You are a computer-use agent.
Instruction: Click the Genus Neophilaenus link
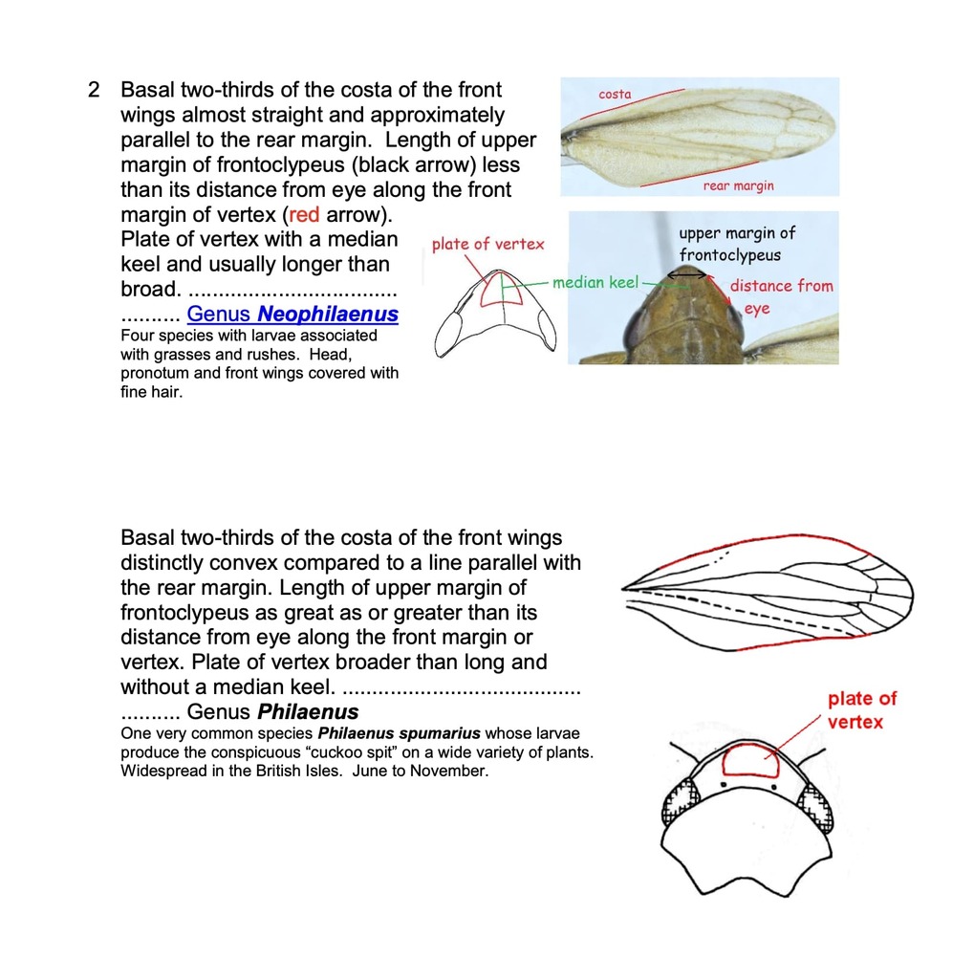coord(292,314)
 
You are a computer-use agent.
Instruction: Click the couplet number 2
coord(93,91)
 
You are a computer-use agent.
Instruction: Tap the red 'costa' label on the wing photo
coord(615,94)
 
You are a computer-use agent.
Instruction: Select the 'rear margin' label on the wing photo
coord(738,185)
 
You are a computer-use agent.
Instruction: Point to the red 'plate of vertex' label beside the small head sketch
coord(487,244)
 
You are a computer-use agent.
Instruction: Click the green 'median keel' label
coord(595,282)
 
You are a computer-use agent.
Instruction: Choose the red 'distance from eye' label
coord(779,295)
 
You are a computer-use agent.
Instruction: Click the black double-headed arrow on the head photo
coord(686,274)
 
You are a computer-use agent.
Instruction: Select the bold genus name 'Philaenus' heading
coord(308,712)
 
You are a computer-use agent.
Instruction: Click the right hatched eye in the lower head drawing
coord(815,806)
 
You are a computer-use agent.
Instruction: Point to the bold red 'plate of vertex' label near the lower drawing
coord(861,710)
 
